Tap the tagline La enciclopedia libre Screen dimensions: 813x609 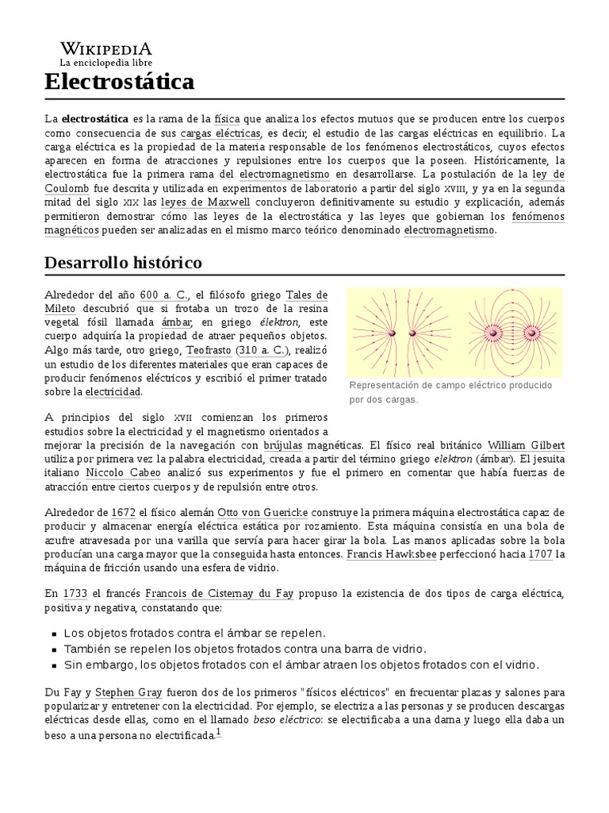click(x=105, y=62)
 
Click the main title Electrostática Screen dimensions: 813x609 click(x=119, y=83)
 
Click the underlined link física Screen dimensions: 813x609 click(x=227, y=118)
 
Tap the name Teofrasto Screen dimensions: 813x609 click(x=209, y=350)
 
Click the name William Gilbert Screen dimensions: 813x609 click(x=526, y=445)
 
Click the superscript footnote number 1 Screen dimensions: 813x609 click(x=219, y=733)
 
